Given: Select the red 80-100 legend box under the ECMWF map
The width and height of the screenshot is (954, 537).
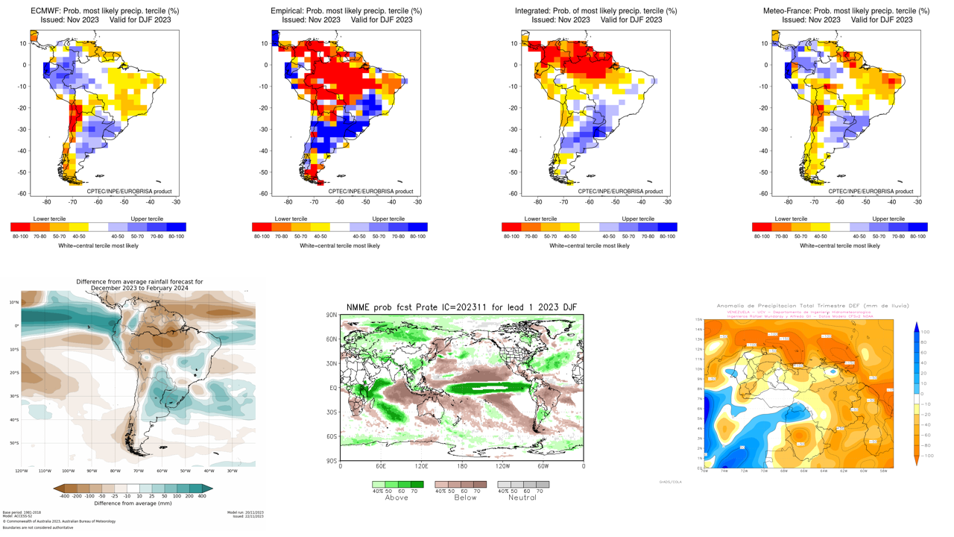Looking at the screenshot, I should (20, 227).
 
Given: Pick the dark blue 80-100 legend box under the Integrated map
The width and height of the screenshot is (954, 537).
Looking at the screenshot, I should (667, 227).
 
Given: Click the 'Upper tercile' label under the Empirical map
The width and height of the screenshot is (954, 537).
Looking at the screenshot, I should (388, 219).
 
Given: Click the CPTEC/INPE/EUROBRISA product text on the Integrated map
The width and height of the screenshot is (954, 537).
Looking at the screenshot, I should (620, 192).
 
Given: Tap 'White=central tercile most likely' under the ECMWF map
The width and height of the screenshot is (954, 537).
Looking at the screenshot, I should (98, 245).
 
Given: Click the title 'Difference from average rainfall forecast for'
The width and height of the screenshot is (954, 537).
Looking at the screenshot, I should (139, 282).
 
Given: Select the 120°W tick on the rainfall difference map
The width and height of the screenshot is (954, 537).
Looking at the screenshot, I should (22, 471).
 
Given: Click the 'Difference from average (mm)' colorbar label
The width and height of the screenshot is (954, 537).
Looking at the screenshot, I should (133, 503).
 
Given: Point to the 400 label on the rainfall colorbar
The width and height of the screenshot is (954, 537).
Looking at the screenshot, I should (201, 496).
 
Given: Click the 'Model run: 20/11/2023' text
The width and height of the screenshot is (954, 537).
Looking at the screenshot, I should (245, 512).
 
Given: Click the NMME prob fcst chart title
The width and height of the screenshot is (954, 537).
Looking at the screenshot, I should (462, 307).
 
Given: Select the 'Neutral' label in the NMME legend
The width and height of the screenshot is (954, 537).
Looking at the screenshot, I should (522, 497).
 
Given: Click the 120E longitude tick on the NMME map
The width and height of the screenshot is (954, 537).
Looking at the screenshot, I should (421, 466).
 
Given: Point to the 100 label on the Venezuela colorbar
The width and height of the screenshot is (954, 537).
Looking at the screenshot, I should (925, 331).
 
